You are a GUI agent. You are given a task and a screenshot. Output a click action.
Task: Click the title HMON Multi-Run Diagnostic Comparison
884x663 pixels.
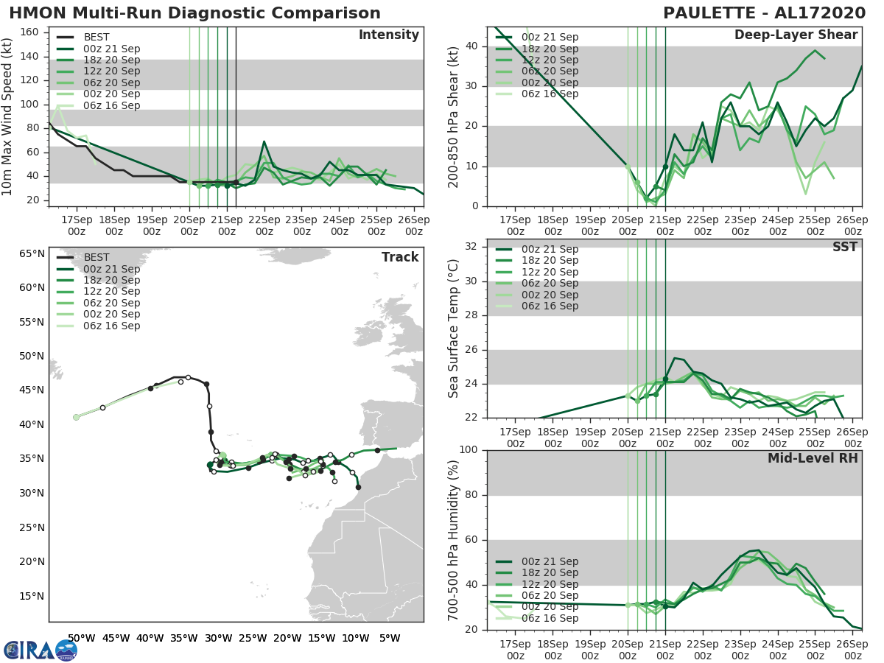click(194, 13)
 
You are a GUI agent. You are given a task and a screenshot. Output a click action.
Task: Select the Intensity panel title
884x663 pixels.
click(388, 35)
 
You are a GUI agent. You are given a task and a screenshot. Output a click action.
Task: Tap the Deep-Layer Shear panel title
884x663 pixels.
click(796, 35)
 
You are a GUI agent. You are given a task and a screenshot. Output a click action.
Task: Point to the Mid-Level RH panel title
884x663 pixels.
click(813, 458)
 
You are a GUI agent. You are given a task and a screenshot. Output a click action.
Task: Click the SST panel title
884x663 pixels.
click(845, 247)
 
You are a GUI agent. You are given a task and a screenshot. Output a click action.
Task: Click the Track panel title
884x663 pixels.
click(400, 257)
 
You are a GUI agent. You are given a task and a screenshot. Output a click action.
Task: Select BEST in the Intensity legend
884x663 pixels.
click(97, 37)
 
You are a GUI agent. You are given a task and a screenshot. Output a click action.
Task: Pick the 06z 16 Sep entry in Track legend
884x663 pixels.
click(111, 326)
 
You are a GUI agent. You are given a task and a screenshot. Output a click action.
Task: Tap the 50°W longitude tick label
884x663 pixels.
click(81, 638)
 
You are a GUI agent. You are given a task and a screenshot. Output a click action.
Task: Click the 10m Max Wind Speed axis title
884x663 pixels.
click(8, 118)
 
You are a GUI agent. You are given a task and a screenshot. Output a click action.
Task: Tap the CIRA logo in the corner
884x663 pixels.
click(40, 650)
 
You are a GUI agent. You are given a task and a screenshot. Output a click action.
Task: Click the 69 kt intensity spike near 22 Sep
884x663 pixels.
click(264, 141)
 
